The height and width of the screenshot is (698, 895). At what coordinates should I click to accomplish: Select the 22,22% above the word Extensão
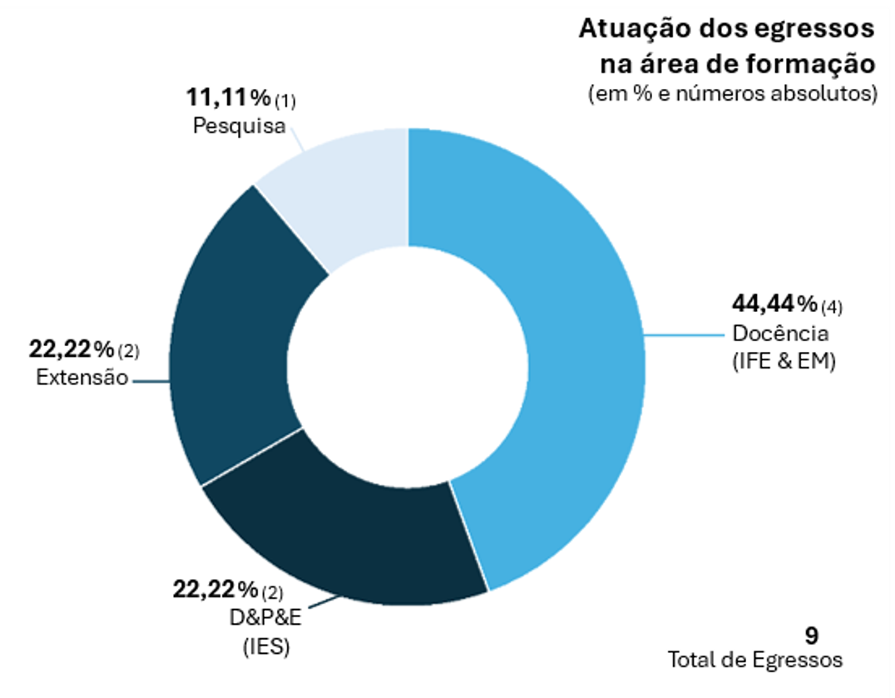pyautogui.click(x=72, y=348)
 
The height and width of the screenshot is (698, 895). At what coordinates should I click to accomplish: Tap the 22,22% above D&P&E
pyautogui.click(x=215, y=590)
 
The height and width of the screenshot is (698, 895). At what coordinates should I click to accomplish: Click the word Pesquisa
pyautogui.click(x=240, y=126)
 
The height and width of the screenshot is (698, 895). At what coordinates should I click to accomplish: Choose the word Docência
pyautogui.click(x=779, y=334)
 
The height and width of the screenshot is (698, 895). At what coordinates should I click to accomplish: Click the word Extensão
pyautogui.click(x=82, y=377)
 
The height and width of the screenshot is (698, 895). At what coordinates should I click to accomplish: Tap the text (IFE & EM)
pyautogui.click(x=783, y=362)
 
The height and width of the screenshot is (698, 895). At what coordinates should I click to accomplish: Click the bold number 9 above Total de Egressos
pyautogui.click(x=811, y=635)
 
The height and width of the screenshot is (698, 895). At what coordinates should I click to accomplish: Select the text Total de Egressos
pyautogui.click(x=755, y=660)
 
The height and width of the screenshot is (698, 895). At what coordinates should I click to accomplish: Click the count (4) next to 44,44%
pyautogui.click(x=831, y=308)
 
